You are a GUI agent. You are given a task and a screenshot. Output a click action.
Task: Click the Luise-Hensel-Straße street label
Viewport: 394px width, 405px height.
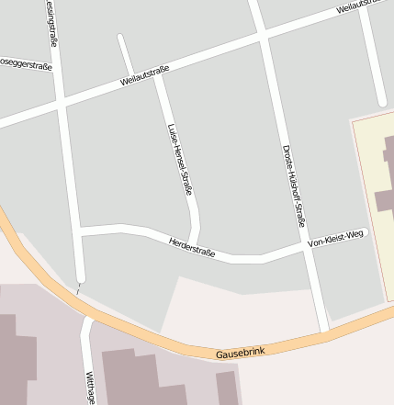(180, 159)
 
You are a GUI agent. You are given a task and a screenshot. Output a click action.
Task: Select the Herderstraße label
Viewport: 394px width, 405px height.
(192, 247)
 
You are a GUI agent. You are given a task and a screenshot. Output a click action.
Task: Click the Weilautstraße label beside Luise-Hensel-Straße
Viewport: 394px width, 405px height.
(145, 77)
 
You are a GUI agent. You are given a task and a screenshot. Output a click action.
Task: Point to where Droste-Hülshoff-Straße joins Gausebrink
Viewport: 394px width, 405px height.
(325, 330)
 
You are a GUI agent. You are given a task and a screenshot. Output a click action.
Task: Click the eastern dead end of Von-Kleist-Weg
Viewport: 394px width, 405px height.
(365, 232)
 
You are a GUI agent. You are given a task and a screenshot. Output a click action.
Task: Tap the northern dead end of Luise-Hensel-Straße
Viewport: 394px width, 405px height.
(120, 38)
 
